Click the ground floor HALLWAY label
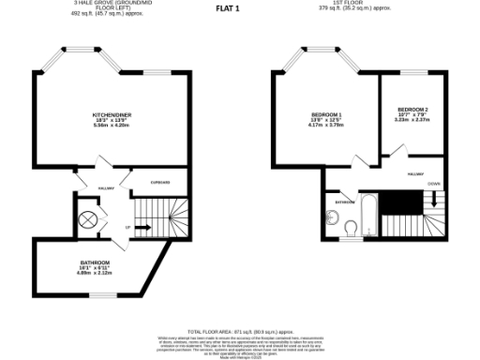click(x=106, y=187)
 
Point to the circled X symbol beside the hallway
click(x=88, y=220)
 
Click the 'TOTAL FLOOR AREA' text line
click(x=239, y=331)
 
